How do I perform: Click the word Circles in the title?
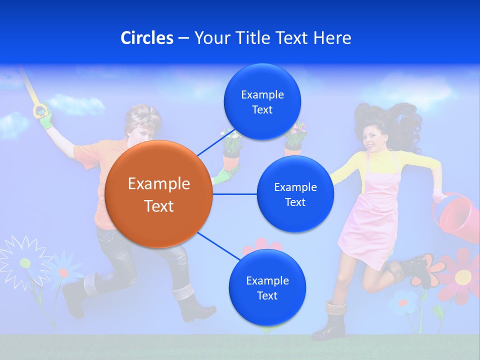(146, 38)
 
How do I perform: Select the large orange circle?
(159, 194)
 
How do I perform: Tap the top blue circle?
(262, 102)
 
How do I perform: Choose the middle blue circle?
(295, 194)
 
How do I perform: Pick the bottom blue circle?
(267, 288)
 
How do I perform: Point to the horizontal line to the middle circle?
(235, 194)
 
